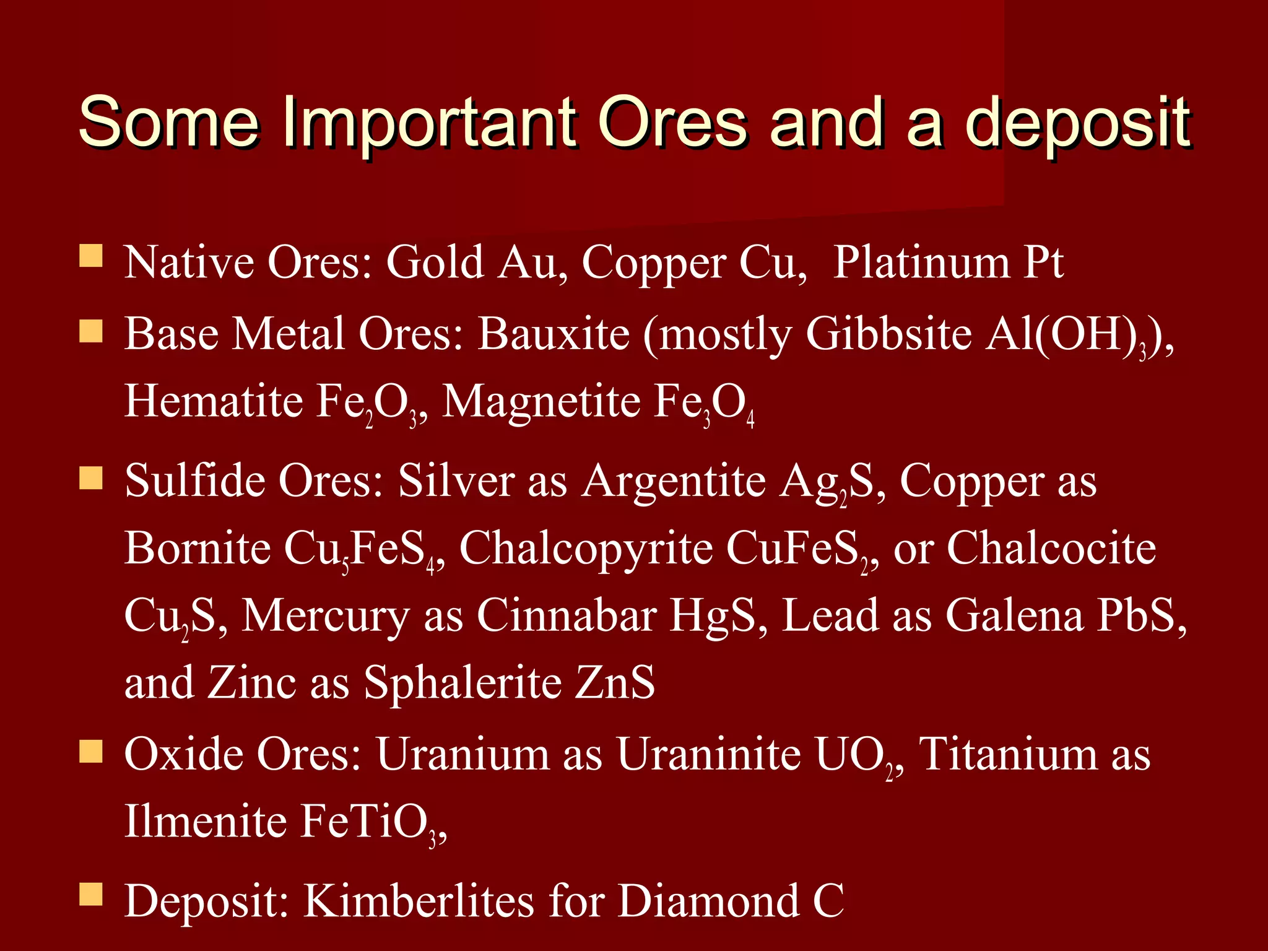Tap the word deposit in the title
pyautogui.click(x=1077, y=124)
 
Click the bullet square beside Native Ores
pyautogui.click(x=91, y=256)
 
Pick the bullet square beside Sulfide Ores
pyautogui.click(x=91, y=477)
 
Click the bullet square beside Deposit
pyautogui.click(x=91, y=895)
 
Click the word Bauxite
pyautogui.click(x=554, y=335)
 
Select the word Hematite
pyautogui.click(x=213, y=402)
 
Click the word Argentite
pyautogui.click(x=674, y=482)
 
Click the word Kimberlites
pyautogui.click(x=419, y=901)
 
